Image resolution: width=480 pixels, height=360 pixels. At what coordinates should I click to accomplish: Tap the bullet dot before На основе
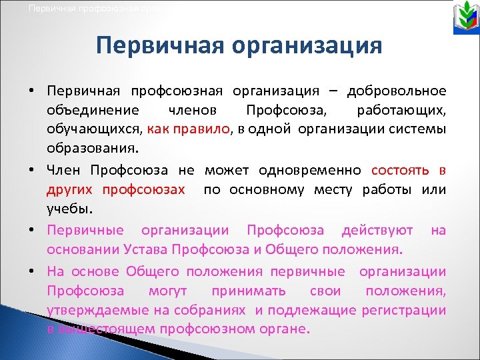[x=33, y=273]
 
